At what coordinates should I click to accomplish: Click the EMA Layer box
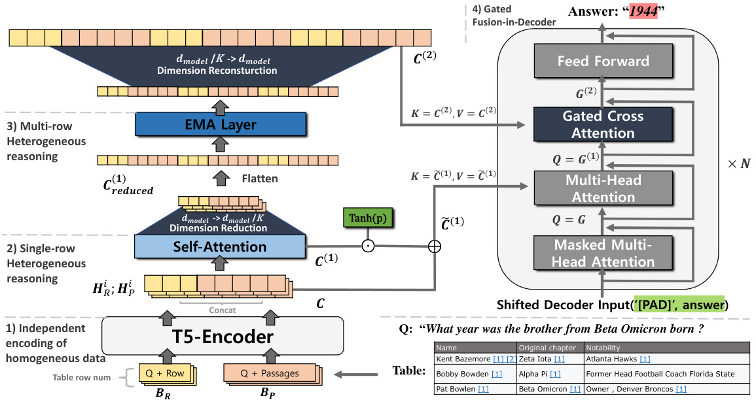[220, 124]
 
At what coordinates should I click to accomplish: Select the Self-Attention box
[220, 247]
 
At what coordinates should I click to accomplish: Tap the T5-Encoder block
[223, 337]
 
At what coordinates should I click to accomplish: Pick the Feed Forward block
[603, 61]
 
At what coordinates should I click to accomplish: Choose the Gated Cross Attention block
[603, 125]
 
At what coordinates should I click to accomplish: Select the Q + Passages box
[267, 373]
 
